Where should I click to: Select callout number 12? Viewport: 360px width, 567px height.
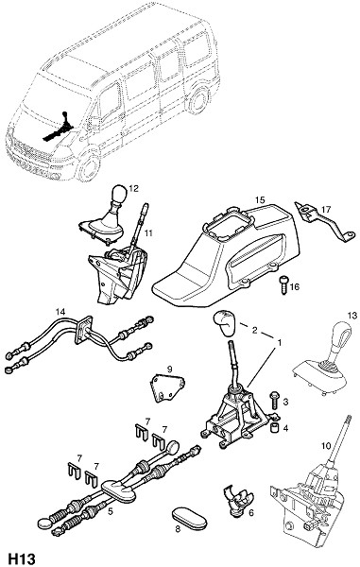pos(134,188)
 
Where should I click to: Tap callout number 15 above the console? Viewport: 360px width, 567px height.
pos(260,200)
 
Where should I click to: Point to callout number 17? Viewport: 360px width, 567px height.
pos(326,210)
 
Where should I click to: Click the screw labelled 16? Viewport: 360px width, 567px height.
pos(283,285)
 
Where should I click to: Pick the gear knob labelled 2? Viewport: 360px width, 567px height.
pos(223,322)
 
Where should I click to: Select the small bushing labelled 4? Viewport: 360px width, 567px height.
pos(275,428)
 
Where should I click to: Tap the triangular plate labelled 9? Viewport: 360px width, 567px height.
pos(167,388)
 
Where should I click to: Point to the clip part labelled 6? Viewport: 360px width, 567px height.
pos(237,499)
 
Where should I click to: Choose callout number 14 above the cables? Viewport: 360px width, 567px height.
pos(60,311)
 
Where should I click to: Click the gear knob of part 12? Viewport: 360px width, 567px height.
pos(119,195)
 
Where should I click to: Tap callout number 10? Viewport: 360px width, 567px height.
pos(326,446)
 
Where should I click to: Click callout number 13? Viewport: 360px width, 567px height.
pos(352,316)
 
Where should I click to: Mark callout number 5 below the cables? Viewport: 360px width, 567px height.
pos(111,511)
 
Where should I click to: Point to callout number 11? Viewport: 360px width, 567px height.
pos(148,233)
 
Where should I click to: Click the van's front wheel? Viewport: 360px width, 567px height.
pos(88,167)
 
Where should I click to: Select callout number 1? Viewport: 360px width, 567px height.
pos(280,341)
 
